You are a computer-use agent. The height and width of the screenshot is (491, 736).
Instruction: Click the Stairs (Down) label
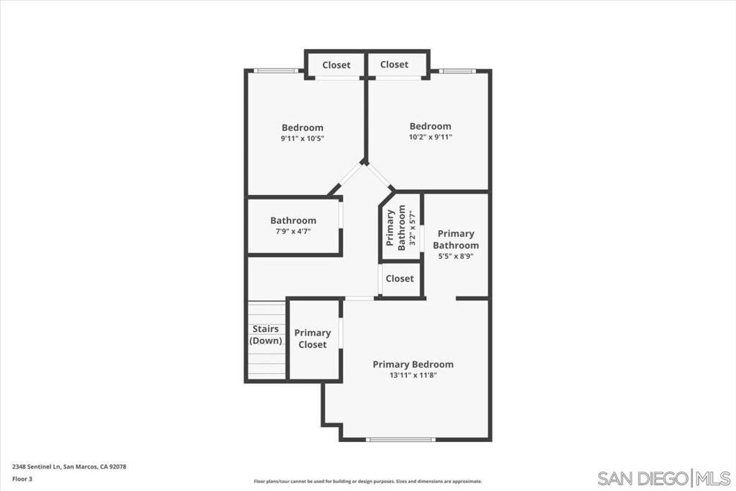(266, 335)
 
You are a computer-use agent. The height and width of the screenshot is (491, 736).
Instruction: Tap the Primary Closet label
(313, 338)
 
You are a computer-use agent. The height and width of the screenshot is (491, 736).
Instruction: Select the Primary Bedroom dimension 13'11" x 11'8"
(413, 375)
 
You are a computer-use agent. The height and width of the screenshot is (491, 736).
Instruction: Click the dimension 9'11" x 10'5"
(303, 139)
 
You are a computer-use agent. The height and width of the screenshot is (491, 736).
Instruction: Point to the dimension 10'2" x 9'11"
(431, 138)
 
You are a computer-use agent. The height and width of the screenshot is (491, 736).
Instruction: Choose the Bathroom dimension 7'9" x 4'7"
(293, 231)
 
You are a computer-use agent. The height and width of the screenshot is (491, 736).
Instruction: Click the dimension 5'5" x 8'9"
(456, 256)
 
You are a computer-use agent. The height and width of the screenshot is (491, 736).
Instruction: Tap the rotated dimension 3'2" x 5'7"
(413, 228)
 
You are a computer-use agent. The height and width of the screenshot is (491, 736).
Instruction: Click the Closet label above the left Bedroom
(336, 65)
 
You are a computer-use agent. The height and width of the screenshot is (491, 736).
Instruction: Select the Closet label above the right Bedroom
(395, 64)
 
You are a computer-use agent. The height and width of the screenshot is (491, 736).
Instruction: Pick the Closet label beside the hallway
(400, 279)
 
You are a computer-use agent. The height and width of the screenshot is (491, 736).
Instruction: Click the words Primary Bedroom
(413, 364)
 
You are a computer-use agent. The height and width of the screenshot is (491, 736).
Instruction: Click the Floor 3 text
(22, 479)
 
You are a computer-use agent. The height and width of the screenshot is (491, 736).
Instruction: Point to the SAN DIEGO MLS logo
(664, 478)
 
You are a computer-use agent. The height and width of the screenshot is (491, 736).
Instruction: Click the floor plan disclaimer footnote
(368, 482)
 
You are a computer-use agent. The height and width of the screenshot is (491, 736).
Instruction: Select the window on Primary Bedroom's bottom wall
(400, 440)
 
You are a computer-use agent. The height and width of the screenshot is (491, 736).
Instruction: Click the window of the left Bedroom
(276, 71)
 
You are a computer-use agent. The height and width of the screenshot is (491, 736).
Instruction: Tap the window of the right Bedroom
(457, 71)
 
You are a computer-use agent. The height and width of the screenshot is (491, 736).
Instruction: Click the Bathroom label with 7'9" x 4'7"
(293, 220)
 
